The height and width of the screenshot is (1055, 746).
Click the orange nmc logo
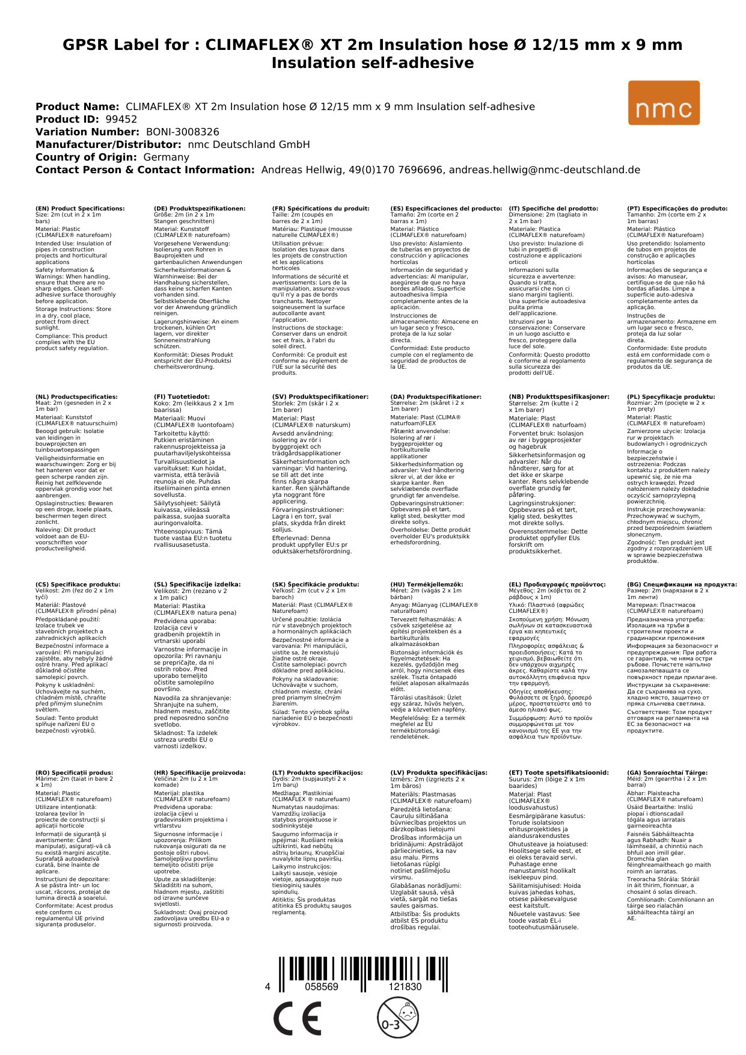[664, 103]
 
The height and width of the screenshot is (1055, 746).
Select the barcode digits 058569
[322, 986]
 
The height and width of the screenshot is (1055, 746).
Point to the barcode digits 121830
[405, 986]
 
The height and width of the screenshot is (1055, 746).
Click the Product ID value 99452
[121, 119]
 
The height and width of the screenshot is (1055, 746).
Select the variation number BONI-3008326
[183, 132]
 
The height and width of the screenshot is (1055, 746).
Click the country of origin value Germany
[166, 157]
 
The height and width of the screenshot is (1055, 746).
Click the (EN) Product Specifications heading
[80, 209]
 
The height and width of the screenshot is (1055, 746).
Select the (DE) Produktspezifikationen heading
[200, 209]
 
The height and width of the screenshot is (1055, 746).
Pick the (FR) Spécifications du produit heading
[320, 209]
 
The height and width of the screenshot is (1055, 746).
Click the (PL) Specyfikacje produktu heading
[671, 397]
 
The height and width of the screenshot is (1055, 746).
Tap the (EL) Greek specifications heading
[557, 584]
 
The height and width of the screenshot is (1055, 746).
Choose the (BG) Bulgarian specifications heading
[682, 584]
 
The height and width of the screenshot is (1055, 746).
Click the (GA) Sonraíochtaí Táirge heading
[667, 772]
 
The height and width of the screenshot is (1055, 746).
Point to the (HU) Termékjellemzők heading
[427, 584]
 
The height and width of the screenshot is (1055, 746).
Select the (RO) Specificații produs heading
[74, 772]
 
